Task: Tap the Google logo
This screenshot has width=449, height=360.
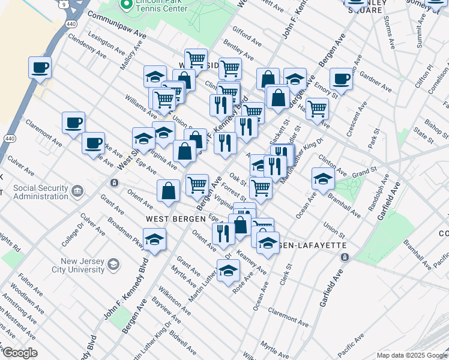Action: [x=19, y=353]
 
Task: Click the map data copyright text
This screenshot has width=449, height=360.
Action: [x=412, y=355]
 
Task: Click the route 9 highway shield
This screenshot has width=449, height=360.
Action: [x=62, y=5]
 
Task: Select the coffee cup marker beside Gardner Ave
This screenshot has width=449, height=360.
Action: [x=341, y=78]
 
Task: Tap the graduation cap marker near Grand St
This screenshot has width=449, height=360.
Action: [x=323, y=178]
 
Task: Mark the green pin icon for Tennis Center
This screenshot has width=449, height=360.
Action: [x=126, y=5]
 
